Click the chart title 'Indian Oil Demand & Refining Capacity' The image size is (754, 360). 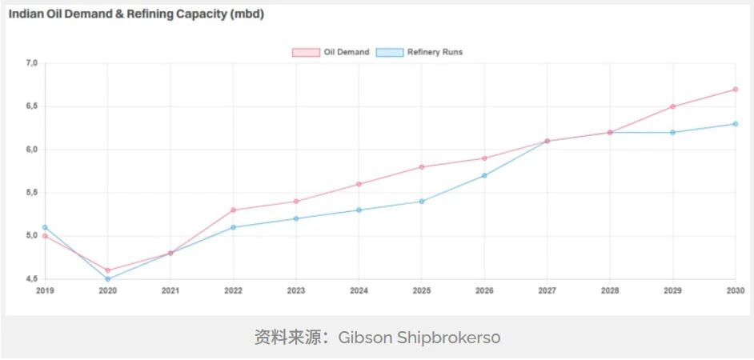click(136, 14)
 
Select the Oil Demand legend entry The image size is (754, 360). click(331, 52)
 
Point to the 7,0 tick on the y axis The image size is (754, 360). click(31, 63)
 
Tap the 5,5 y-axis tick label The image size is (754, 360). click(31, 193)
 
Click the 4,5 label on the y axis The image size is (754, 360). click(31, 279)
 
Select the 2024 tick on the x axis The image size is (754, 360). click(359, 290)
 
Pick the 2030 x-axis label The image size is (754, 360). click(735, 290)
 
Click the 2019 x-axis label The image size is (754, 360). click(45, 290)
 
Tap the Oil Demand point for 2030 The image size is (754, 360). click(735, 90)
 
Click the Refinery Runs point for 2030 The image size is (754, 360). click(735, 124)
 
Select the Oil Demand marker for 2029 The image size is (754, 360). click(672, 106)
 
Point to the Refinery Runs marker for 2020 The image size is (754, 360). click(108, 279)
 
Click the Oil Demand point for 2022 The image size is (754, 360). click(233, 210)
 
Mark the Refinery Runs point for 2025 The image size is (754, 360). click(421, 202)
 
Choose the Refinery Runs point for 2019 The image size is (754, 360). click(45, 227)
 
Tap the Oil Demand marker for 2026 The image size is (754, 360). click(484, 158)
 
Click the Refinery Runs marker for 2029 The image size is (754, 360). click(672, 133)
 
